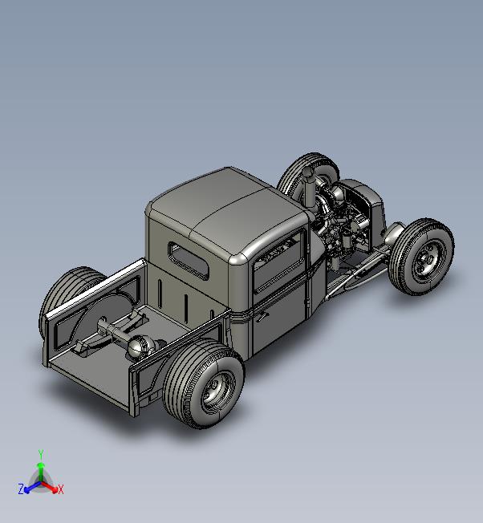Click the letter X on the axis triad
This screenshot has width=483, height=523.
click(61, 489)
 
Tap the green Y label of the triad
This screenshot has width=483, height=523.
click(41, 454)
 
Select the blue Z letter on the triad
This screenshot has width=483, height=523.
click(21, 489)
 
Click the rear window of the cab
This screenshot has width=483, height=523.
click(189, 261)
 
